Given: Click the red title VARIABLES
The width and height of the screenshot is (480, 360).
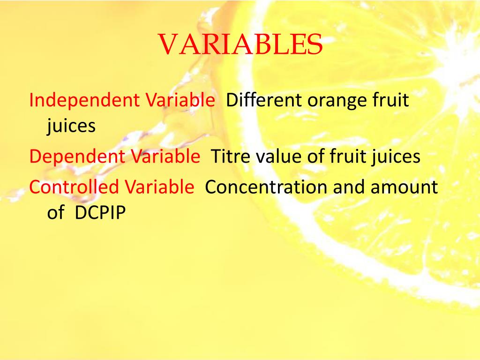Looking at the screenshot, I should click(240, 45).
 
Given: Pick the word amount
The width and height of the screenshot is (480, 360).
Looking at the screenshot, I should click(404, 187).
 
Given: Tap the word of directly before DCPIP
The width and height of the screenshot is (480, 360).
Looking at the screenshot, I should click(55, 213).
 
